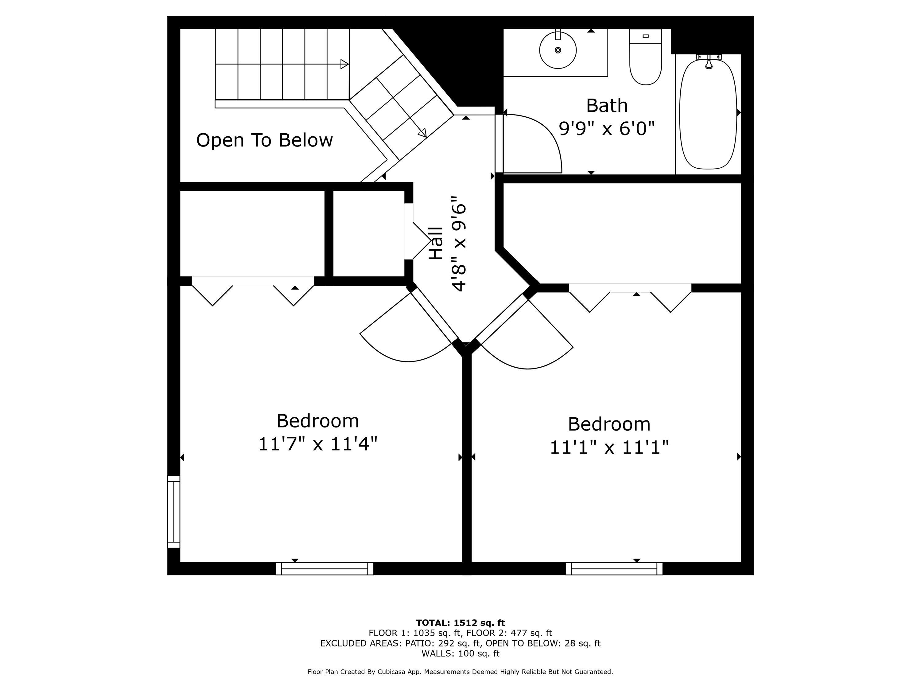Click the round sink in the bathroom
tap(558, 50)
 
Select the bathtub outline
tap(708, 115)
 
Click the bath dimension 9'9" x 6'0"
tap(607, 128)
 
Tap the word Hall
tap(436, 244)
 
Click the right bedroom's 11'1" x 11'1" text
tap(609, 448)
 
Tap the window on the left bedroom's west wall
tap(174, 512)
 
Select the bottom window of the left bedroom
tap(325, 568)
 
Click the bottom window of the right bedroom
tap(614, 568)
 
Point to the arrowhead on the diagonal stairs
tap(422, 133)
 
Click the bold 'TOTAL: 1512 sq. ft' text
tap(460, 623)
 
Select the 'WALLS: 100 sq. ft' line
tap(460, 654)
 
